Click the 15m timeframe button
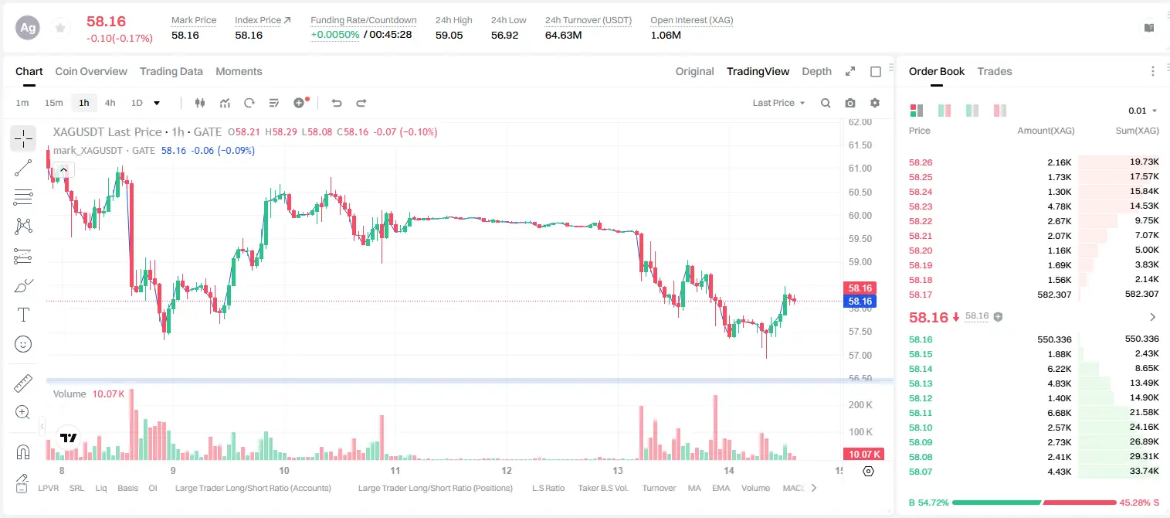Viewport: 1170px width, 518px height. (54, 103)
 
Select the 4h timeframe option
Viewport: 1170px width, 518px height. (110, 103)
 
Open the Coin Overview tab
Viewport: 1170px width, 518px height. (91, 71)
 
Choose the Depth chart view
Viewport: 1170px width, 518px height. (816, 71)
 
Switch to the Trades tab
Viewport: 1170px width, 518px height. (995, 71)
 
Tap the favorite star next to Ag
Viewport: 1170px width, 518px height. (60, 28)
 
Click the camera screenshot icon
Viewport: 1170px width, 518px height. (850, 103)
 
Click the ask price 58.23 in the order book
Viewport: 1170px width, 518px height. (921, 206)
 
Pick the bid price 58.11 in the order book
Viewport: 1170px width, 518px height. (921, 413)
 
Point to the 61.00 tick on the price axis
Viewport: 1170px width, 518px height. (860, 169)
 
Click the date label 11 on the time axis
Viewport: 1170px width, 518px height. (395, 470)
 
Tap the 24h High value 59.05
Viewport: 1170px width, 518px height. (449, 35)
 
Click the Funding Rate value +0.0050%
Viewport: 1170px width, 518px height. (335, 35)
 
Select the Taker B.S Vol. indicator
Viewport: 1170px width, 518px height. (602, 488)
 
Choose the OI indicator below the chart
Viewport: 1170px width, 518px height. (152, 488)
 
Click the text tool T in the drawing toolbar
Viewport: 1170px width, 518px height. (23, 315)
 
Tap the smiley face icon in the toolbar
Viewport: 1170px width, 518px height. (23, 344)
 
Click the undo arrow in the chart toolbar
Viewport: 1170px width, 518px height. (337, 103)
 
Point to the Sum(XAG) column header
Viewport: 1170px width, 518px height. (1137, 131)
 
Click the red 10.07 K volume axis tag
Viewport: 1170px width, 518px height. (863, 455)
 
